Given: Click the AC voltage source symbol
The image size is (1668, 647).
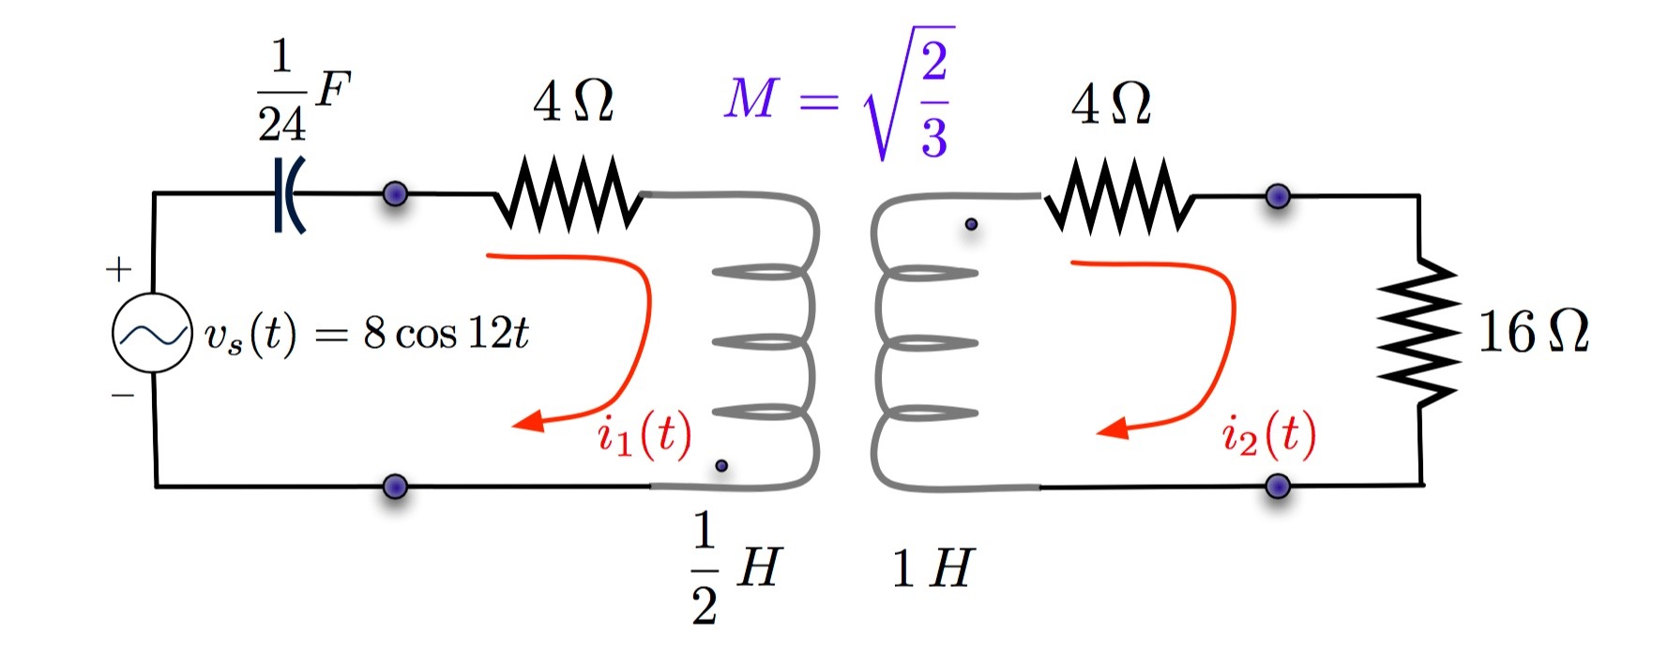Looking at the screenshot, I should pyautogui.click(x=152, y=333).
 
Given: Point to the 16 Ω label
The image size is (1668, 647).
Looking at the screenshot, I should pyautogui.click(x=1533, y=333).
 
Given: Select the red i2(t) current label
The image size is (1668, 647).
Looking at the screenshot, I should pyautogui.click(x=1268, y=435).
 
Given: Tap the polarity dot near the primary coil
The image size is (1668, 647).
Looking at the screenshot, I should pyautogui.click(x=721, y=465).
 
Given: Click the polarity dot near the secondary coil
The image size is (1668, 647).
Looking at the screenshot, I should pyautogui.click(x=971, y=224).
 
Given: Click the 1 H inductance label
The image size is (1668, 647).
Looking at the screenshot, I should pyautogui.click(x=932, y=568).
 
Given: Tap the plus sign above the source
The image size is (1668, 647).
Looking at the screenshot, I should pyautogui.click(x=119, y=270).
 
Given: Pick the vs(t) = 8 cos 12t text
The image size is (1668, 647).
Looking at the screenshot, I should pyautogui.click(x=367, y=334).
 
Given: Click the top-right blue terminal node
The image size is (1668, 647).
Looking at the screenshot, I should pyautogui.click(x=1278, y=196).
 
